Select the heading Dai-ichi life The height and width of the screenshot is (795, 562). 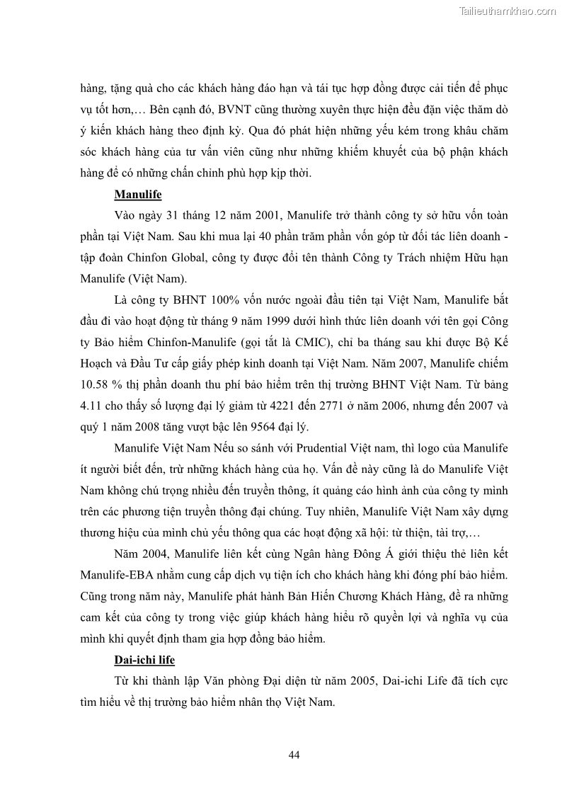point(144,660)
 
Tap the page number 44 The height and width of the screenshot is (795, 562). point(294,755)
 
